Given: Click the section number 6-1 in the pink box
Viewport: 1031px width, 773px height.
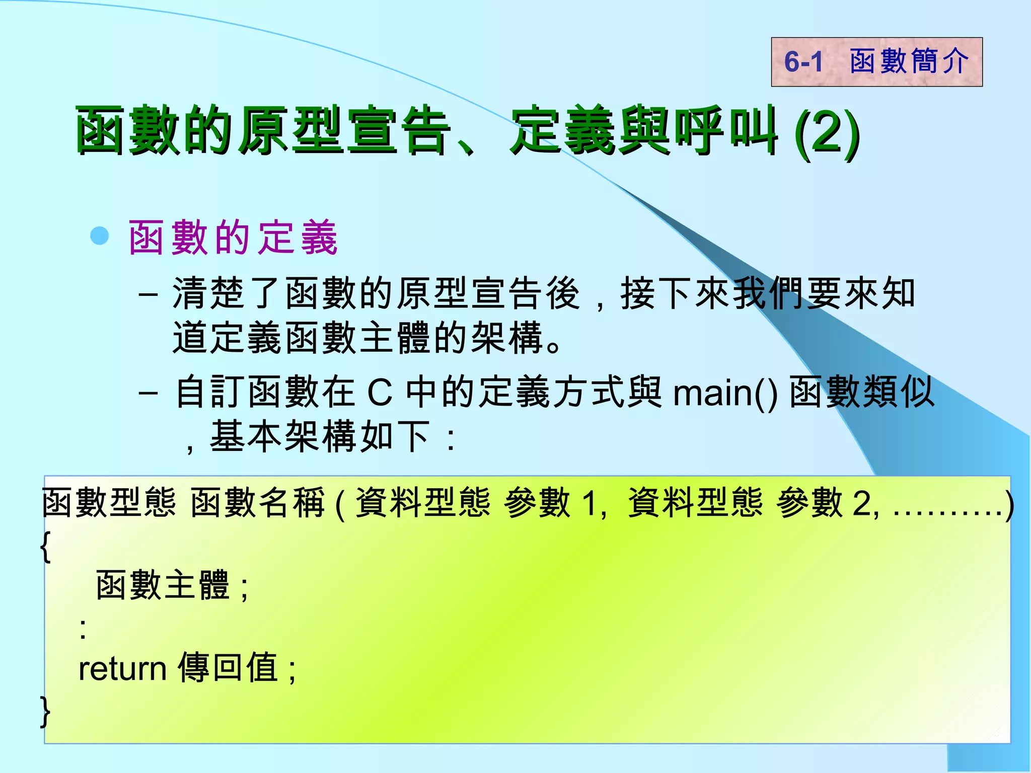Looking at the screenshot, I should pos(803,62).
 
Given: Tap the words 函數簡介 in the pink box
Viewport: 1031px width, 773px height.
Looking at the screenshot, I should pos(909,61).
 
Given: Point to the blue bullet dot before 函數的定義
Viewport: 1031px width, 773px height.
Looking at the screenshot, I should pos(100,236).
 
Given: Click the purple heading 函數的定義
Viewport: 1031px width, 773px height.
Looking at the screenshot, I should pos(233,238).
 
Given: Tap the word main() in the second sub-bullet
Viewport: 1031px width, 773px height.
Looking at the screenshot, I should pos(725,393).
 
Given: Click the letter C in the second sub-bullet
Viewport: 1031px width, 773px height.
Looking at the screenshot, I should pos(380,393).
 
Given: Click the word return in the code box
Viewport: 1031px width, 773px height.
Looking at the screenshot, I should pos(122,669).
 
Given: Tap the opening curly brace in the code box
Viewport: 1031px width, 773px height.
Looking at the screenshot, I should pos(45,547).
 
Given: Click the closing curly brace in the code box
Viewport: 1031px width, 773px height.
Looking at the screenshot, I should pos(45,711).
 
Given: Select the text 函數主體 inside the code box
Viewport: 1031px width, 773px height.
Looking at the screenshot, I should pos(163,585).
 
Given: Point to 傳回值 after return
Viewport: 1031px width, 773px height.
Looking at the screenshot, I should pos(228,668).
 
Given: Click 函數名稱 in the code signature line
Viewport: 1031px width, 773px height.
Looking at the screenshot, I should pos(258,503).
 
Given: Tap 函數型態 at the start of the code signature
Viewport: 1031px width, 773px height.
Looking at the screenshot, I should pos(109,503).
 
